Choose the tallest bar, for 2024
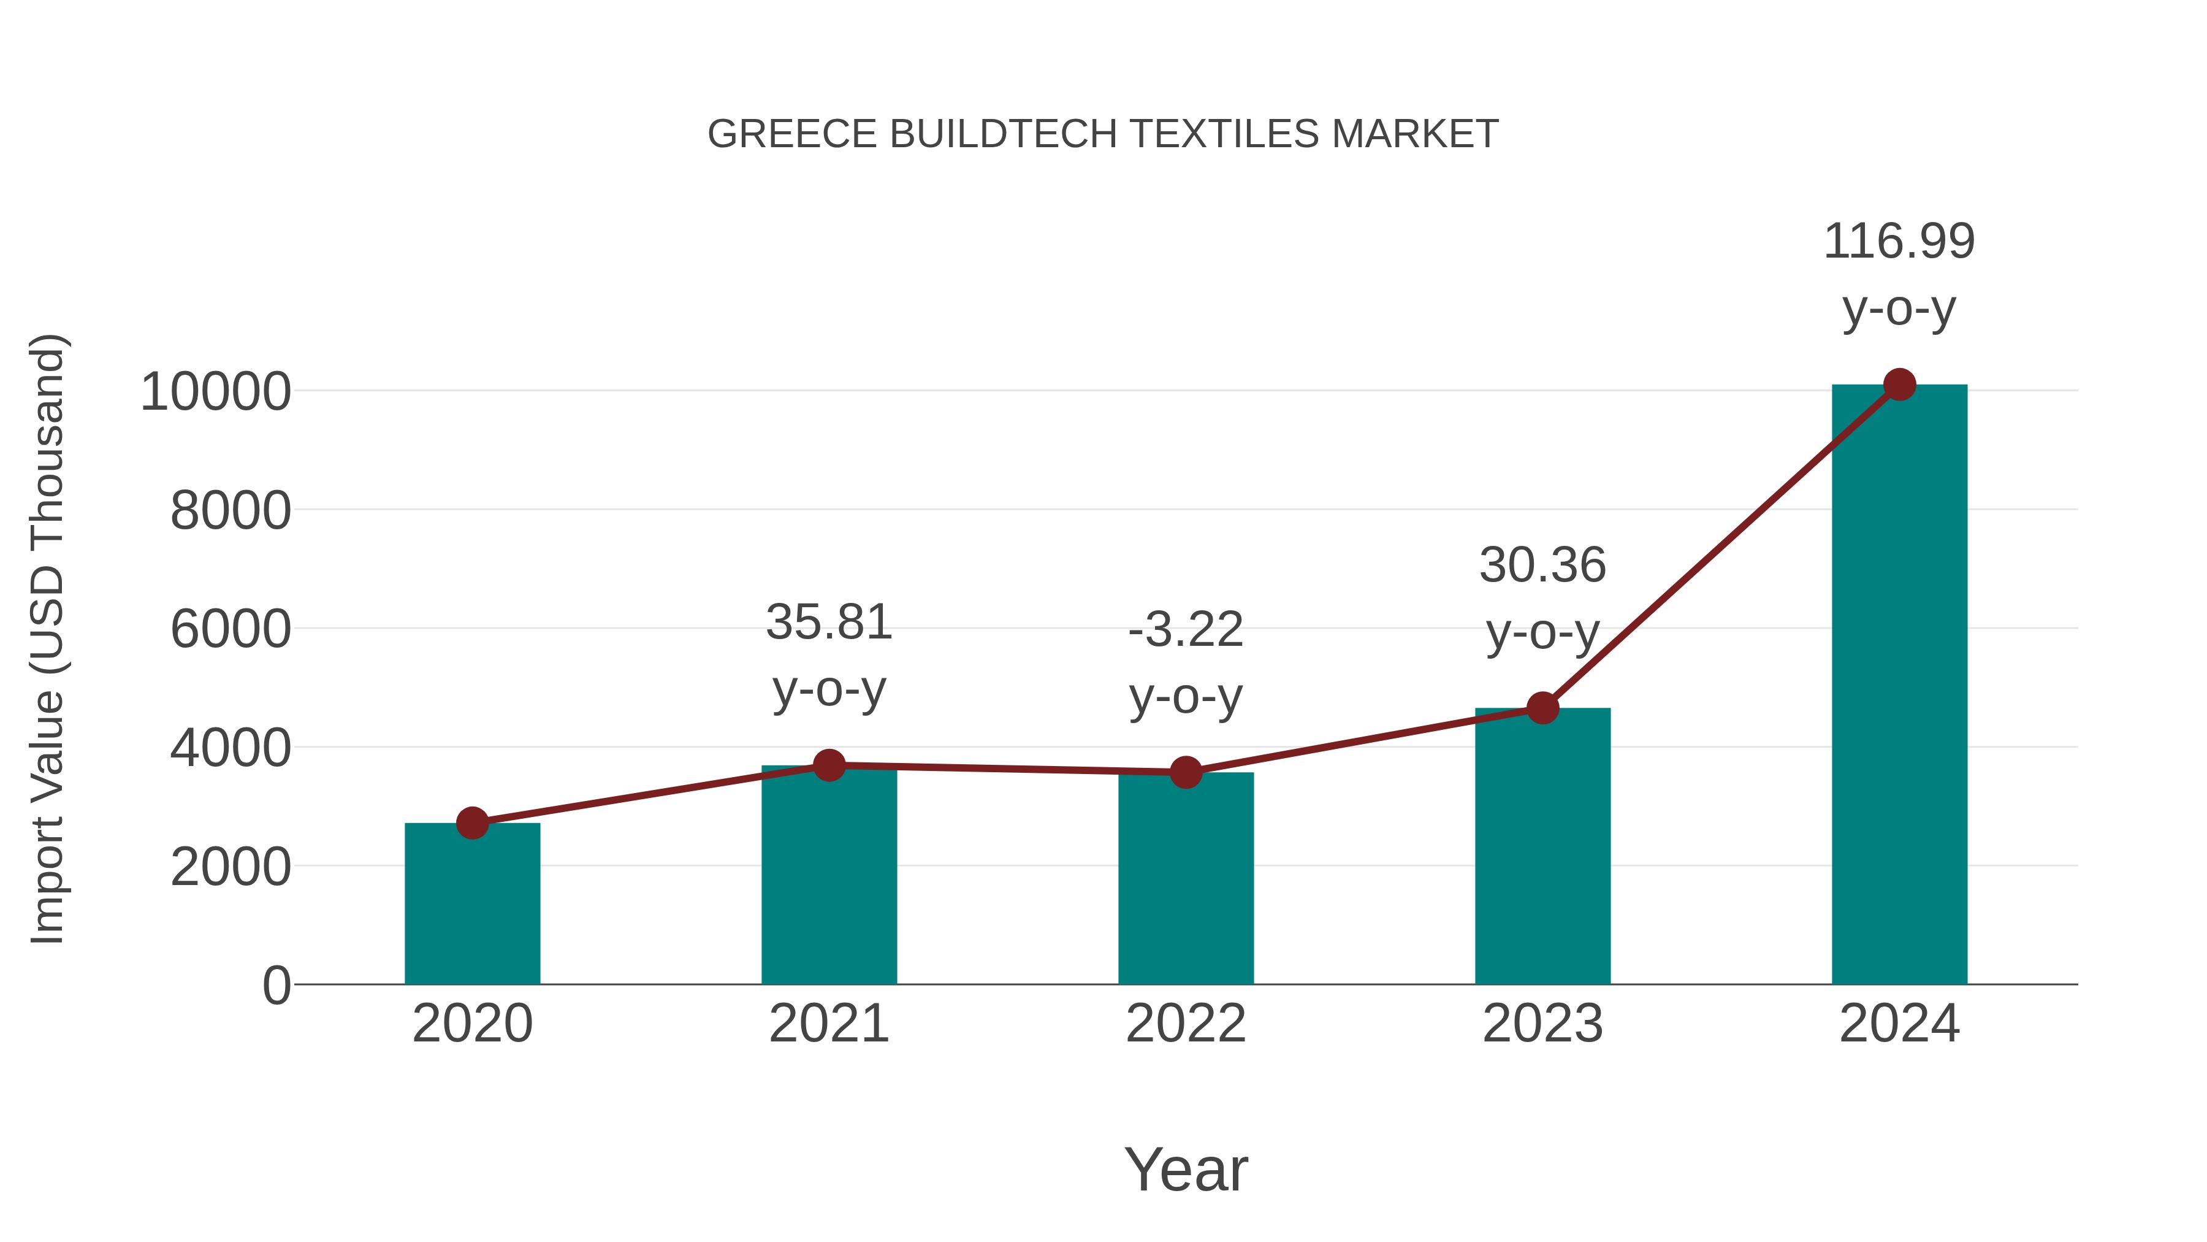(x=1899, y=686)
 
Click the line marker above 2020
(x=472, y=824)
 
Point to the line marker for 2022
(x=1186, y=772)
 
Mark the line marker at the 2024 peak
(x=1899, y=385)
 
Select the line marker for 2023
(x=1542, y=708)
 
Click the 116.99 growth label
(x=1899, y=242)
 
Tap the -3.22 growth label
(x=1186, y=631)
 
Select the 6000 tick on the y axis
(x=231, y=630)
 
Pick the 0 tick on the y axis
(x=276, y=986)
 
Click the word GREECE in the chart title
(x=793, y=134)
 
